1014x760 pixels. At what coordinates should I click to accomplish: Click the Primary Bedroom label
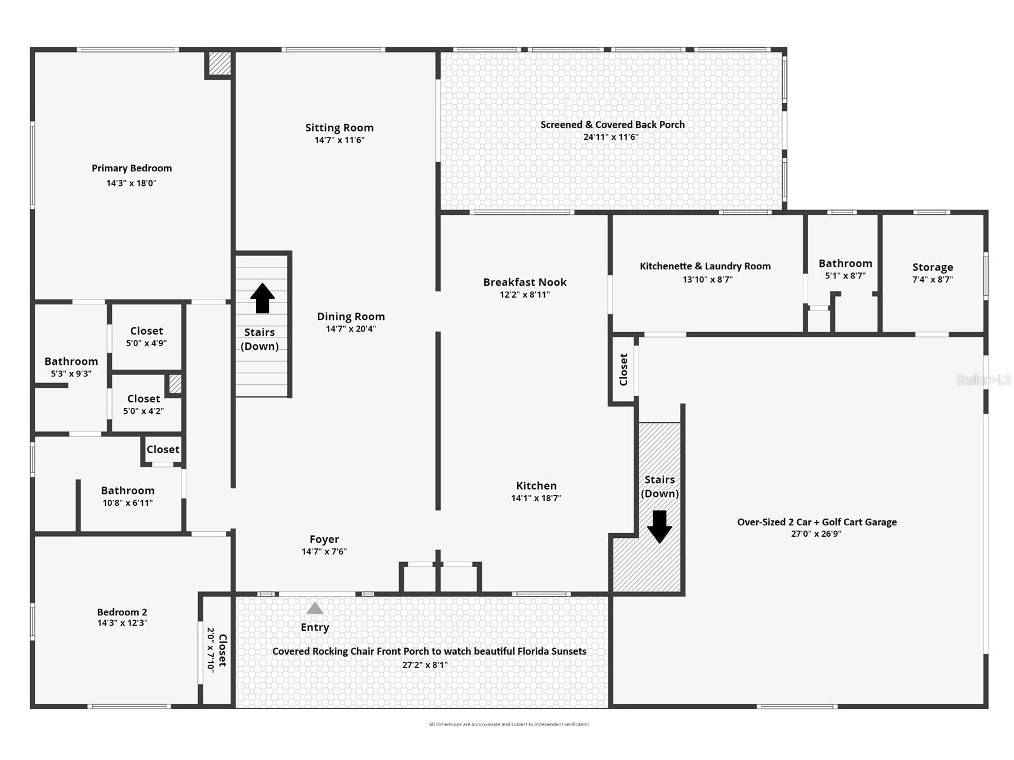point(131,168)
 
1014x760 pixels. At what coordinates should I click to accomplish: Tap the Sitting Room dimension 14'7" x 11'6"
point(339,140)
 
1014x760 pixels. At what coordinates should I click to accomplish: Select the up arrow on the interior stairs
point(262,298)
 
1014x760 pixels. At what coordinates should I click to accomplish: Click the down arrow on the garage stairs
point(659,526)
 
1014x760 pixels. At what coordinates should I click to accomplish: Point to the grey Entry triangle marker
point(315,608)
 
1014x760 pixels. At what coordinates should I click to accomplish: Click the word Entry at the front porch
point(315,627)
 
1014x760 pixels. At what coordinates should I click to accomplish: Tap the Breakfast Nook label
point(524,282)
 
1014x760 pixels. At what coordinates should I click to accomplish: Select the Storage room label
point(932,267)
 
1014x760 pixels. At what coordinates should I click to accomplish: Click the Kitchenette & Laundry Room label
point(705,266)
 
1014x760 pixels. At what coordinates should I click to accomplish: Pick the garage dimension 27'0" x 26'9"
point(816,534)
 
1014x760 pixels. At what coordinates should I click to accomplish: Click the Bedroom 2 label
point(122,612)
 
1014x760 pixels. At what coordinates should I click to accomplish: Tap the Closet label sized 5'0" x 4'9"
point(147,331)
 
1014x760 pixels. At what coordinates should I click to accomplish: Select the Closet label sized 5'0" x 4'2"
point(143,399)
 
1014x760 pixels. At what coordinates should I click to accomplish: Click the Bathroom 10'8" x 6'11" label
point(127,491)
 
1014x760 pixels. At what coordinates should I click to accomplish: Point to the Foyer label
point(324,539)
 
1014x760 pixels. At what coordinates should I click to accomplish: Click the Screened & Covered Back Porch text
point(612,125)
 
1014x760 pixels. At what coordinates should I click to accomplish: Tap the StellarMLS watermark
point(983,380)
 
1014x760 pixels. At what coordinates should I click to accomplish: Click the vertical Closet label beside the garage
point(624,369)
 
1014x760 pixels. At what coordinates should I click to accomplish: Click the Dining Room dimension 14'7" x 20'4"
point(351,329)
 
